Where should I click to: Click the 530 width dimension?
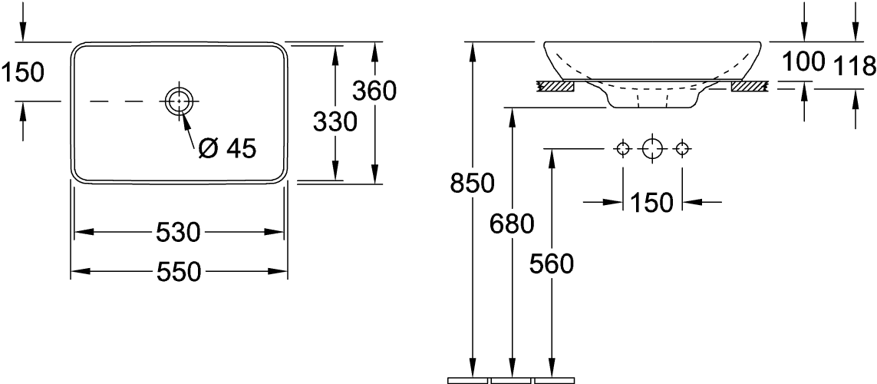point(179,231)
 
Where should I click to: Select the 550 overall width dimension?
point(179,271)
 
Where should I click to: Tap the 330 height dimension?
point(335,121)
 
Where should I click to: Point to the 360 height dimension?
point(374,91)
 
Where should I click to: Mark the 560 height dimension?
point(552,264)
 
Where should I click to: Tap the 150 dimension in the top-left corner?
point(22,72)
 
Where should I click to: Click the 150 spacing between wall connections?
point(651,203)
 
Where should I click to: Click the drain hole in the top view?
point(179,101)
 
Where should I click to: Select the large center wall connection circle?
point(651,148)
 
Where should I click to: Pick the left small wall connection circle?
point(623,148)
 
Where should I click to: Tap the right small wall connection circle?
point(681,148)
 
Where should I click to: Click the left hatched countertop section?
point(556,87)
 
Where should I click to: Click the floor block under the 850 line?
point(468,379)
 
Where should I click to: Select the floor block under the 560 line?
point(554,379)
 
